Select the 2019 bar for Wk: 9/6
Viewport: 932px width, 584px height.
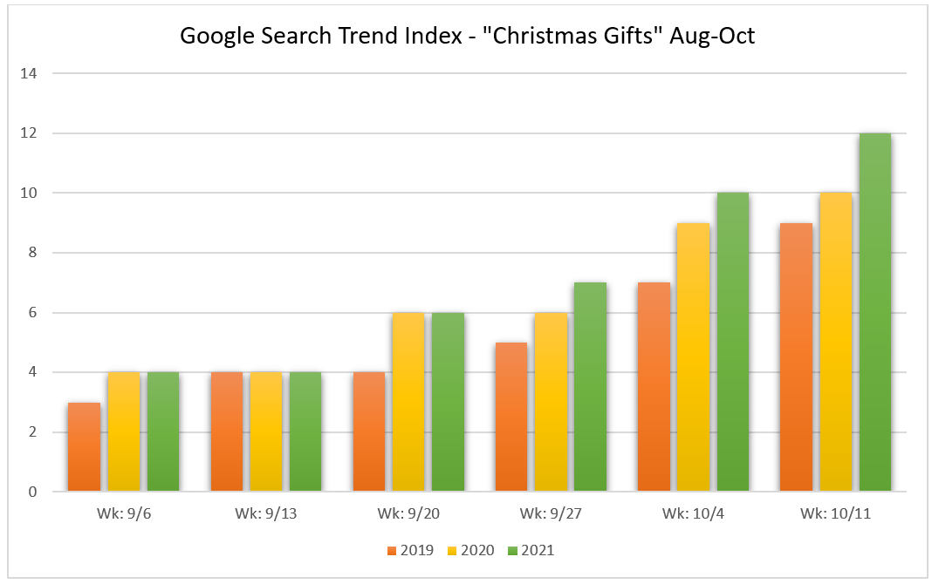pyautogui.click(x=84, y=447)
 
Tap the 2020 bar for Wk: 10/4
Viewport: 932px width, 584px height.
pyautogui.click(x=693, y=357)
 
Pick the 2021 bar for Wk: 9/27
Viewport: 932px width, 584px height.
pyautogui.click(x=590, y=387)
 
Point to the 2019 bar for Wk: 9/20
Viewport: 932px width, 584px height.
pyautogui.click(x=368, y=432)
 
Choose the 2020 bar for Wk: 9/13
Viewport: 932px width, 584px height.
pyautogui.click(x=266, y=432)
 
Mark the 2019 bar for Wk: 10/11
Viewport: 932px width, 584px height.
pyautogui.click(x=796, y=357)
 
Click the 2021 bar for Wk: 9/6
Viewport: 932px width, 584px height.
pyautogui.click(x=163, y=432)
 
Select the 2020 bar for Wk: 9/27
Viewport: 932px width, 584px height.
pyautogui.click(x=551, y=403)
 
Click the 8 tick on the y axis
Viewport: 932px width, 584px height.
pyautogui.click(x=32, y=253)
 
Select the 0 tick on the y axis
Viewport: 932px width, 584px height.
pyautogui.click(x=32, y=492)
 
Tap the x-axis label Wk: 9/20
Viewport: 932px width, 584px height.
pyautogui.click(x=408, y=513)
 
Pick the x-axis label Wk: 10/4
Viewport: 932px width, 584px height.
pyautogui.click(x=693, y=513)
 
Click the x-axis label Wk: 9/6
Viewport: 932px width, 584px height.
pyautogui.click(x=124, y=513)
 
